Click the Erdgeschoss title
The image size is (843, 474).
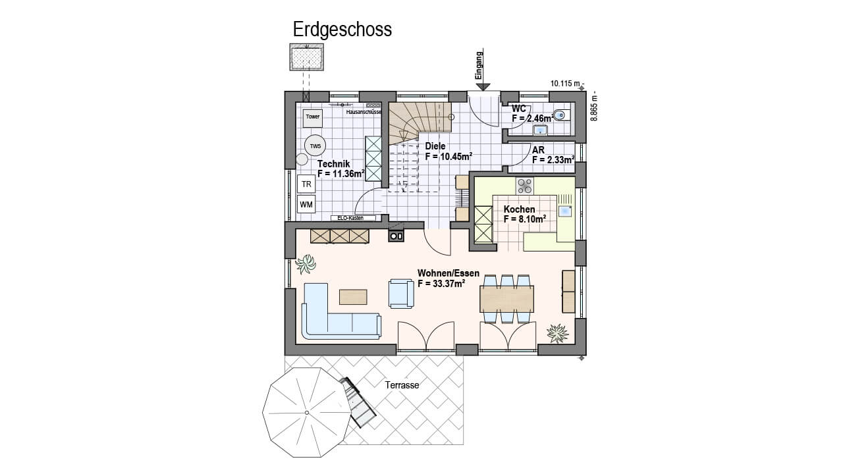point(342,30)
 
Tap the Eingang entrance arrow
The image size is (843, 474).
point(483,70)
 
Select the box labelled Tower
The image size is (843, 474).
point(313,117)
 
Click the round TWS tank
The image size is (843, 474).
point(315,145)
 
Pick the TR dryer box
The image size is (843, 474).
point(306,184)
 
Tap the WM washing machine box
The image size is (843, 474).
point(306,205)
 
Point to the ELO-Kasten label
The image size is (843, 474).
point(350,218)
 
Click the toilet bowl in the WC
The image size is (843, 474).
point(562,115)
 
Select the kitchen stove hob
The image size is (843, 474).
point(525,186)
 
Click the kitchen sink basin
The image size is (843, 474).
point(564,211)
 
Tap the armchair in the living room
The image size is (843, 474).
point(401,294)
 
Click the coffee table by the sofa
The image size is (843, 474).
point(353,297)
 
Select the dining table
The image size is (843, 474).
point(506,299)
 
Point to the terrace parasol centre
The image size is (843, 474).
point(307,413)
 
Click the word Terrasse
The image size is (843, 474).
point(402,385)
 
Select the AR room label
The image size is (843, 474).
point(538,149)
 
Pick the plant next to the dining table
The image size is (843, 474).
point(557,333)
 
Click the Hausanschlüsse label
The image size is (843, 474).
point(364,112)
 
